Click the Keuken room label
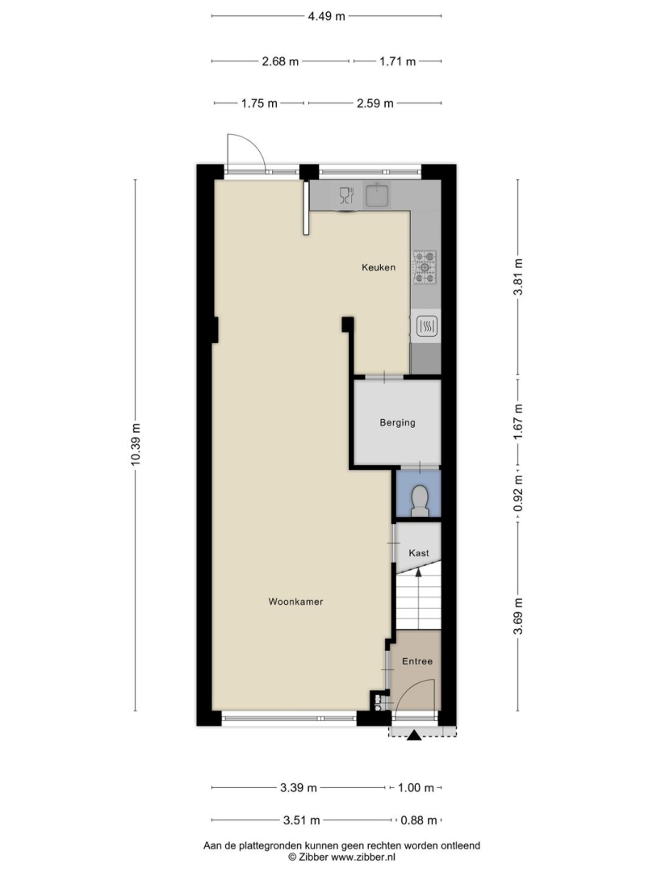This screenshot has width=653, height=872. click(379, 267)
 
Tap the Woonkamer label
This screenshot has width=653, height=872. click(295, 602)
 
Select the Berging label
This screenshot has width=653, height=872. click(397, 422)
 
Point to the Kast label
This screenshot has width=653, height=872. click(418, 553)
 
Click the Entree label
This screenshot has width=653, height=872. click(417, 661)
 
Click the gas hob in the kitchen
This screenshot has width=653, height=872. click(425, 267)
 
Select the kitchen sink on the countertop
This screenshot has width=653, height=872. click(378, 195)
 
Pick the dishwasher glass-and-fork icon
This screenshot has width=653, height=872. click(346, 195)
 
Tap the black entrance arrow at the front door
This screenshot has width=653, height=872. click(414, 736)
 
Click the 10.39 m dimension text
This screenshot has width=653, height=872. click(135, 445)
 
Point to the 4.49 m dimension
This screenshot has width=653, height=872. click(327, 16)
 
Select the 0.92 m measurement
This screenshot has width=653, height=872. click(518, 493)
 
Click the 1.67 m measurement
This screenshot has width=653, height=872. click(518, 422)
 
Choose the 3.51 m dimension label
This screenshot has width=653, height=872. click(302, 820)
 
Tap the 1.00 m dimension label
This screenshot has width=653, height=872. click(416, 787)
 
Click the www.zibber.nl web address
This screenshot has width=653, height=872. click(363, 857)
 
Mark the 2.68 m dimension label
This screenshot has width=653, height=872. click(281, 61)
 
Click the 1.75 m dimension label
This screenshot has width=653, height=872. click(260, 103)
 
